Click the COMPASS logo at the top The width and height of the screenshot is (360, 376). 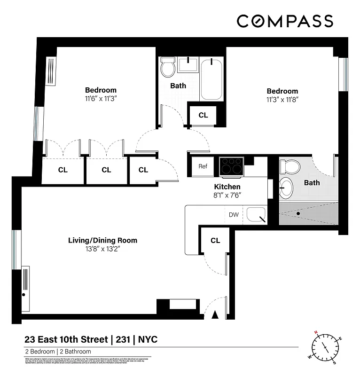(285, 21)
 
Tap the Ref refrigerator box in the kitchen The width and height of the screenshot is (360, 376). (203, 166)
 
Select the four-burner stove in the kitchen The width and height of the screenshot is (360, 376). (231, 166)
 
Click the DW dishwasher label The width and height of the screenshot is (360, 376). (234, 215)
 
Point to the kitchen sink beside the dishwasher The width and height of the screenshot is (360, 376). (256, 215)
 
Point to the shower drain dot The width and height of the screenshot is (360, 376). (298, 213)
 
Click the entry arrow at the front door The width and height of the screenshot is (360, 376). (216, 315)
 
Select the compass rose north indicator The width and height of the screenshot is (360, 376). (317, 333)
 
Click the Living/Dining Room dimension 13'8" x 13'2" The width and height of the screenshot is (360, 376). (102, 250)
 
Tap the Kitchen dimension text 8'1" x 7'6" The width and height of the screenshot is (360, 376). (227, 195)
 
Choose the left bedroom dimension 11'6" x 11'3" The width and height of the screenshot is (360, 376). (101, 99)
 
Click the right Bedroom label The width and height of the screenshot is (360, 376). (282, 91)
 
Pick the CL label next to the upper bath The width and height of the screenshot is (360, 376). (203, 115)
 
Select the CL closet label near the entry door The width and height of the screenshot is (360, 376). (215, 241)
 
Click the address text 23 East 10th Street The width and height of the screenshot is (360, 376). (66, 339)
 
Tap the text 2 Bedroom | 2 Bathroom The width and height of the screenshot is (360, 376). (58, 352)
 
